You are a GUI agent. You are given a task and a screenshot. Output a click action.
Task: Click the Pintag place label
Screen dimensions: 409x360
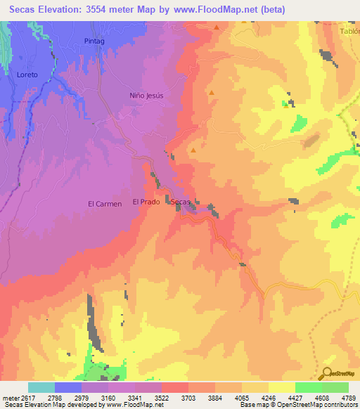(x=94, y=42)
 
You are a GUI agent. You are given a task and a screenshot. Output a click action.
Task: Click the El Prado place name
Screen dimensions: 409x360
(x=146, y=202)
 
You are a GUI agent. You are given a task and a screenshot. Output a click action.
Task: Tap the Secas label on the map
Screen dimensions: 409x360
(x=181, y=202)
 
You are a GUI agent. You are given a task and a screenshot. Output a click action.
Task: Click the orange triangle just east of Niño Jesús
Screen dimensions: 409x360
(x=211, y=92)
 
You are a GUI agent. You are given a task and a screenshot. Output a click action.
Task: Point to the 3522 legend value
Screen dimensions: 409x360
(x=161, y=397)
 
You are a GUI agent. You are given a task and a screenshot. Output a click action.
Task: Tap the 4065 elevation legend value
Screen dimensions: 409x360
(x=241, y=397)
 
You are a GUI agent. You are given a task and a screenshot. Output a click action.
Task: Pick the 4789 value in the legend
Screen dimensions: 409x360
(x=348, y=397)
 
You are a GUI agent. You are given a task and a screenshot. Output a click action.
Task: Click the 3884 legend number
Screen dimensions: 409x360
(x=214, y=397)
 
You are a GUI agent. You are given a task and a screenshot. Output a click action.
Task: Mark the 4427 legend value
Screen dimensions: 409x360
(x=295, y=397)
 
